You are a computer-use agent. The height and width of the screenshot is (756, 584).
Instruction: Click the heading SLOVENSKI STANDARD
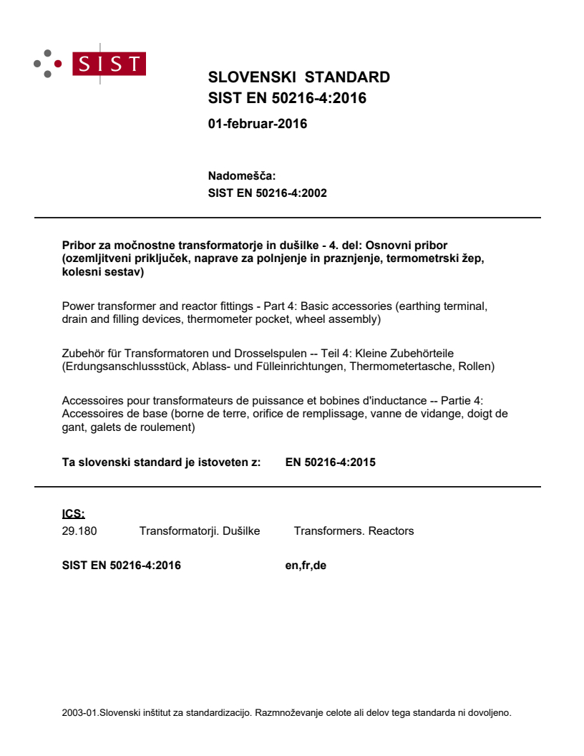(x=298, y=77)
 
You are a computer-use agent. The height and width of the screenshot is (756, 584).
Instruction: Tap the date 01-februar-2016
(x=257, y=124)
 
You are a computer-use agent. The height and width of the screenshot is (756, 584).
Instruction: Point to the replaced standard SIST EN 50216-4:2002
(x=267, y=193)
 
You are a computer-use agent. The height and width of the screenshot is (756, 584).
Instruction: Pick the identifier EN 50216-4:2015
(x=330, y=462)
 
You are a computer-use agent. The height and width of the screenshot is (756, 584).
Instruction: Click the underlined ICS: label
(x=74, y=513)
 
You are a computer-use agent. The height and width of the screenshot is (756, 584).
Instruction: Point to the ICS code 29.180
(x=79, y=531)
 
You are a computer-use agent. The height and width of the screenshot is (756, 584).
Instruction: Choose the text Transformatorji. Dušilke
(x=199, y=531)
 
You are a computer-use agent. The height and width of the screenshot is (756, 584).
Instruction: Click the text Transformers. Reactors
(x=354, y=531)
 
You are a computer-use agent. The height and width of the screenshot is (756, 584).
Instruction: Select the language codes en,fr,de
(x=306, y=566)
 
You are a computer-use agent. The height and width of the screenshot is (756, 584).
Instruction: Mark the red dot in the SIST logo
(x=59, y=64)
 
